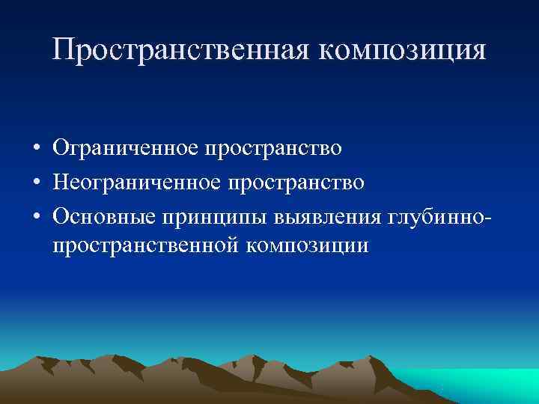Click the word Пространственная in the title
click(183, 50)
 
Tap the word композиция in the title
click(404, 50)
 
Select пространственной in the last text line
click(144, 245)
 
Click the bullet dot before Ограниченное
click(36, 148)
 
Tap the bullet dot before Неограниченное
click(36, 183)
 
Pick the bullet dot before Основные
click(36, 216)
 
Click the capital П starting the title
click(64, 50)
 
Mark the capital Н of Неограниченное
click(61, 182)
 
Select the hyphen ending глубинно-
click(489, 218)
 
